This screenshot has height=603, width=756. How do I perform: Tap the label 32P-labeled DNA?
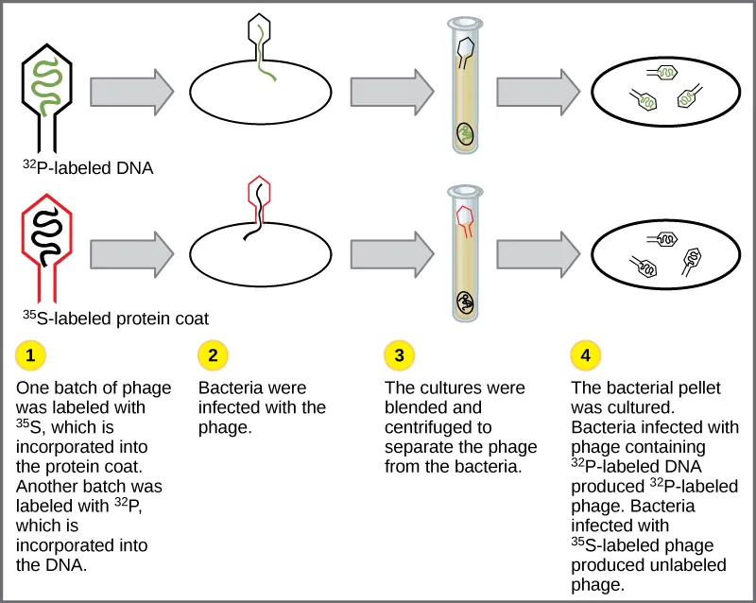click(88, 168)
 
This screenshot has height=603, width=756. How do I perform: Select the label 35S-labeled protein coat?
click(115, 318)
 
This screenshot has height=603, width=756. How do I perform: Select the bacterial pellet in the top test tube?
click(465, 133)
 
